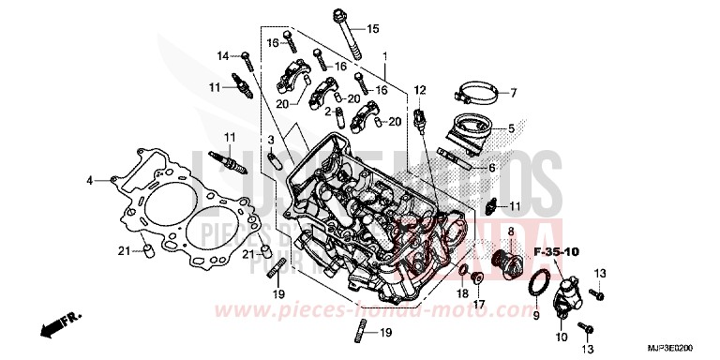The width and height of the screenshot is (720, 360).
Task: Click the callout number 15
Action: coord(373,29)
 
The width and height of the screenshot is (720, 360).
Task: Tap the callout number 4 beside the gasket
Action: coord(90,178)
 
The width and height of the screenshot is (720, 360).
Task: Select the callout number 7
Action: coord(513,93)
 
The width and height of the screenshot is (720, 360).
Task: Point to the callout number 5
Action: coord(511,129)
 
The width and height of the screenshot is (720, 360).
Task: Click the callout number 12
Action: coord(420,90)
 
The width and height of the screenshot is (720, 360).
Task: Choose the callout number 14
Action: coord(223,56)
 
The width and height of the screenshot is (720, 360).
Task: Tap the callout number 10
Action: coord(562,337)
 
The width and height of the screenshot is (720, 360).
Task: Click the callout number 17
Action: coord(477,303)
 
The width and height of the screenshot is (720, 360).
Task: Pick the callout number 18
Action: coord(461,293)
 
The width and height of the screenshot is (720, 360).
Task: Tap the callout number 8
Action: coord(511,230)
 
